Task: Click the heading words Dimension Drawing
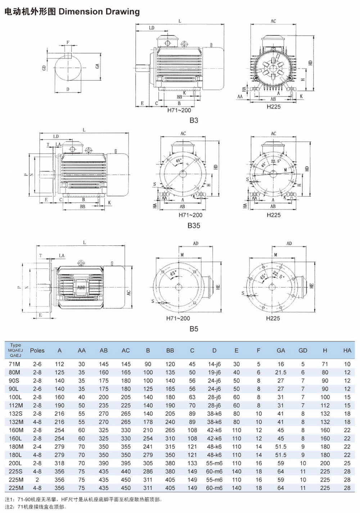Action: (x=99, y=12)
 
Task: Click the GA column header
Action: (x=281, y=350)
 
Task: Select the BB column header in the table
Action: (x=170, y=350)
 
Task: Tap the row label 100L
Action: (x=15, y=397)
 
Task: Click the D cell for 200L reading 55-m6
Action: (x=214, y=463)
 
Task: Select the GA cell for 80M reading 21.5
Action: (x=281, y=372)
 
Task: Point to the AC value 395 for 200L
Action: (x=126, y=463)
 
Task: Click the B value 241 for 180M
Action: (x=148, y=447)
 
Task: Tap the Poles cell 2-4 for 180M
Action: (x=37, y=447)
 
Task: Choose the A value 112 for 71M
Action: (x=59, y=364)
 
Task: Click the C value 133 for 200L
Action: (x=192, y=463)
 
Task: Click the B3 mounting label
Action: (x=194, y=120)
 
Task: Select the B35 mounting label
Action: (x=194, y=226)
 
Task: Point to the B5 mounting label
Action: (x=194, y=329)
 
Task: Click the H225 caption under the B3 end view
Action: (x=274, y=107)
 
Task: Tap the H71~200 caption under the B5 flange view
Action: (x=178, y=318)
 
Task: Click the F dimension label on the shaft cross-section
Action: (x=68, y=43)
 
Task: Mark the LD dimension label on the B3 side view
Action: (x=152, y=28)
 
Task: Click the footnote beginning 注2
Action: (x=36, y=507)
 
